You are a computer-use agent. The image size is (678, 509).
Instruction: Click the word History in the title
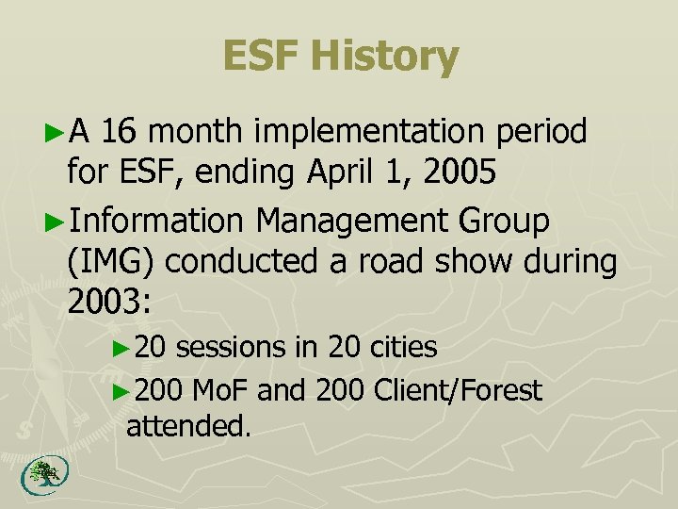[384, 57]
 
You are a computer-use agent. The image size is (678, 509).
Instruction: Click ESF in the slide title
[262, 57]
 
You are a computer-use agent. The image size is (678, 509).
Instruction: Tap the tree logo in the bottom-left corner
[39, 475]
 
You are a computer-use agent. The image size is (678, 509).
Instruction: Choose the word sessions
[232, 347]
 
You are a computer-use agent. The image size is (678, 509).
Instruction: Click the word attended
[188, 425]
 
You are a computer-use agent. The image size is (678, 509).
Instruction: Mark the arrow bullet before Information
[56, 221]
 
